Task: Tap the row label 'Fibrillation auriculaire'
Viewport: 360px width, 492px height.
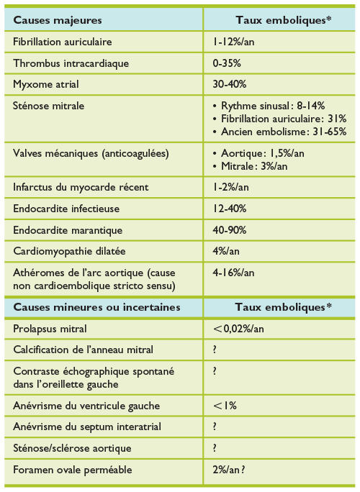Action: click(63, 42)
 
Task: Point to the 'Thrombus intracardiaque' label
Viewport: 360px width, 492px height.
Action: click(71, 63)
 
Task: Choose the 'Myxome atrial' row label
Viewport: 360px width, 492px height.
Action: click(47, 84)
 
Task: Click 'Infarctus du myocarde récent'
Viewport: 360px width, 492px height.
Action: click(81, 187)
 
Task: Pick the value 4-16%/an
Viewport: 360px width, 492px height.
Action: click(234, 273)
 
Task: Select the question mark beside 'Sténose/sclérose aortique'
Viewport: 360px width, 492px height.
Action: click(215, 447)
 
